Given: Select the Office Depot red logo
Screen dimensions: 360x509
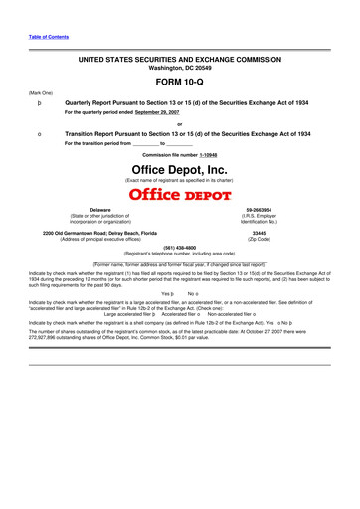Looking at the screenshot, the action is point(180,193).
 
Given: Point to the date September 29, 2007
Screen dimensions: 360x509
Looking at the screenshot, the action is point(166,114).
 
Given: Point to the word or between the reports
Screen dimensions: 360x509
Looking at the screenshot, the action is point(180,124).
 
